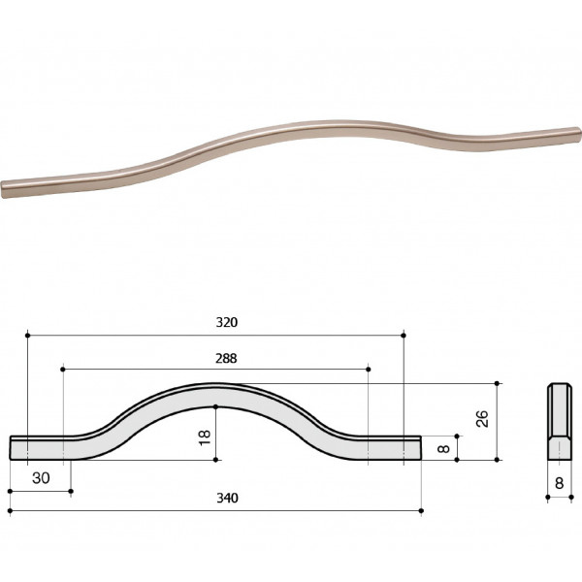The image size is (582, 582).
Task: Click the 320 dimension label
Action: tap(227, 322)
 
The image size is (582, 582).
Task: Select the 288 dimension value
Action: tap(226, 358)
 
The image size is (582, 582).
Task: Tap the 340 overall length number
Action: tap(227, 498)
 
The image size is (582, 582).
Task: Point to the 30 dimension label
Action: tap(41, 478)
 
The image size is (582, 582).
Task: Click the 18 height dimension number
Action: tap(205, 437)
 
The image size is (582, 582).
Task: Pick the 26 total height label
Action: tap(482, 419)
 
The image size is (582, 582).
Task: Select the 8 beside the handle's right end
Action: tap(443, 448)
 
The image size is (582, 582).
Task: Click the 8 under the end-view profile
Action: tap(559, 483)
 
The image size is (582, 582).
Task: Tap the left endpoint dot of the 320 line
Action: tap(27, 336)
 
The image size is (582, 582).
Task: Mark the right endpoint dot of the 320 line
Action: tap(404, 336)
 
